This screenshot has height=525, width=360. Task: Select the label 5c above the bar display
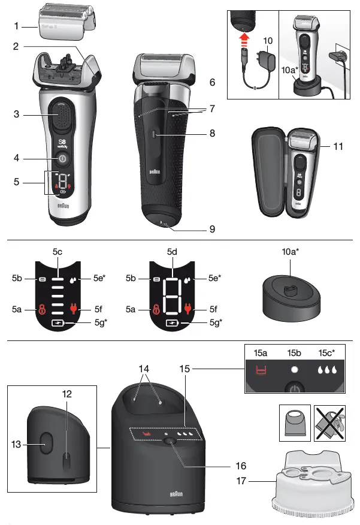pyautogui.click(x=58, y=252)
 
